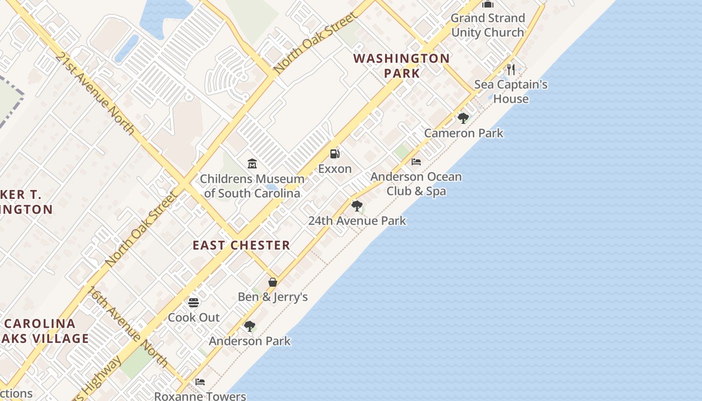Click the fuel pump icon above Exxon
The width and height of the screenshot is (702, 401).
334,154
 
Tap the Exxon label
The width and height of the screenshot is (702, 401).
335,169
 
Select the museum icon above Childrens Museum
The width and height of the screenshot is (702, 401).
252,163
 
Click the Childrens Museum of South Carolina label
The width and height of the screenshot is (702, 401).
252,186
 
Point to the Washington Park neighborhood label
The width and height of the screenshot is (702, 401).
402,66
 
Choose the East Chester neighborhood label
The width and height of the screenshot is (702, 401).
242,245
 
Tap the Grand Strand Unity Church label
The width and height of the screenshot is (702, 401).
487,25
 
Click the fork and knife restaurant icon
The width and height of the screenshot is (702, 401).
511,69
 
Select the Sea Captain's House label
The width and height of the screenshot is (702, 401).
511,91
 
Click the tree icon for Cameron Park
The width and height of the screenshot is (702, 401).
463,118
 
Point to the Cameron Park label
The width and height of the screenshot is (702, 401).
464,133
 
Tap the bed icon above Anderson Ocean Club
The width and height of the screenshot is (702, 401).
416,161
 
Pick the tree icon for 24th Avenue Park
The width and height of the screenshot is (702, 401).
357,206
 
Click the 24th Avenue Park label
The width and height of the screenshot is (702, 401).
357,221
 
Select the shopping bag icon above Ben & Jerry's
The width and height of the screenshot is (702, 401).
273,282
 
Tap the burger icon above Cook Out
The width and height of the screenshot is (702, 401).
194,302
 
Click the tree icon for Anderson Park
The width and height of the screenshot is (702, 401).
250,326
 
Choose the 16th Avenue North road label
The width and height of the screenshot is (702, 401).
128,326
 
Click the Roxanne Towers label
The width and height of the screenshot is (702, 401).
200,396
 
